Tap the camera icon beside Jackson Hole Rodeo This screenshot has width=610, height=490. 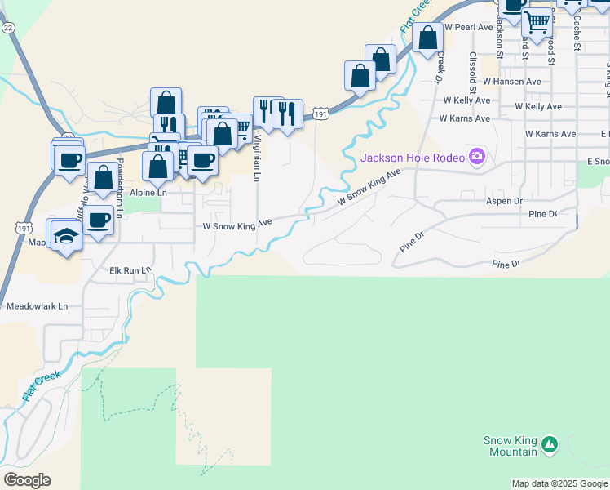tap(477, 156)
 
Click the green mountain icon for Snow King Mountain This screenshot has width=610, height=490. tap(550, 445)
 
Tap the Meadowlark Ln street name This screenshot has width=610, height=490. tap(37, 307)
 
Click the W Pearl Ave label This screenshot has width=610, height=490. tap(469, 27)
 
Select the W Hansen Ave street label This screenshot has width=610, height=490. tap(511, 82)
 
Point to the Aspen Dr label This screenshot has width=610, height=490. tap(503, 200)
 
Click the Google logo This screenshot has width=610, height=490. tap(27, 479)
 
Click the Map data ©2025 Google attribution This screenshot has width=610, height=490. tap(559, 483)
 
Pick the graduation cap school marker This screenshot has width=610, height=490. tap(65, 236)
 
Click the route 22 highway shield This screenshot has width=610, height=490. tap(8, 27)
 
